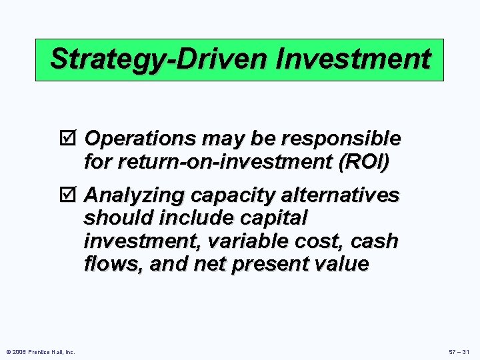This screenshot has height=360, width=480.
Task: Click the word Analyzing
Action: (135, 195)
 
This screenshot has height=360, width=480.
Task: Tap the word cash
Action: (375, 241)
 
